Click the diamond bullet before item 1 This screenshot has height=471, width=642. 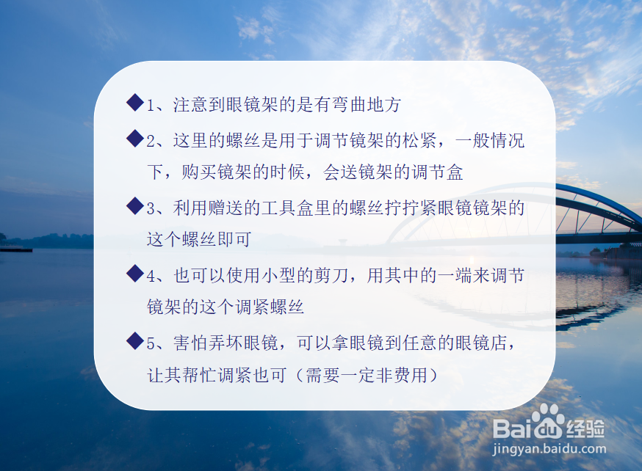[135, 102]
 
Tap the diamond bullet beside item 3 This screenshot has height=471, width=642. [135, 205]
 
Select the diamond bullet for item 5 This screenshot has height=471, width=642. [135, 340]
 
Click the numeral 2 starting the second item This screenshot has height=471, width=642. [151, 142]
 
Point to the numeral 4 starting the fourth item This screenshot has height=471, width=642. [151, 277]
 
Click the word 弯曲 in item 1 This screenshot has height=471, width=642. [341, 105]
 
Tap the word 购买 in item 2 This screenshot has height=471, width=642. [199, 172]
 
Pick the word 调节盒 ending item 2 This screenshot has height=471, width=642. [437, 172]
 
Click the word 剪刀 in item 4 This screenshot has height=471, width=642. [331, 275]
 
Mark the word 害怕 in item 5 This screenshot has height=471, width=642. [190, 343]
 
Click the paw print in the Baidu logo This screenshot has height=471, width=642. [548, 422]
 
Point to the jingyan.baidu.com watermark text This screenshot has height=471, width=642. [549, 449]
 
